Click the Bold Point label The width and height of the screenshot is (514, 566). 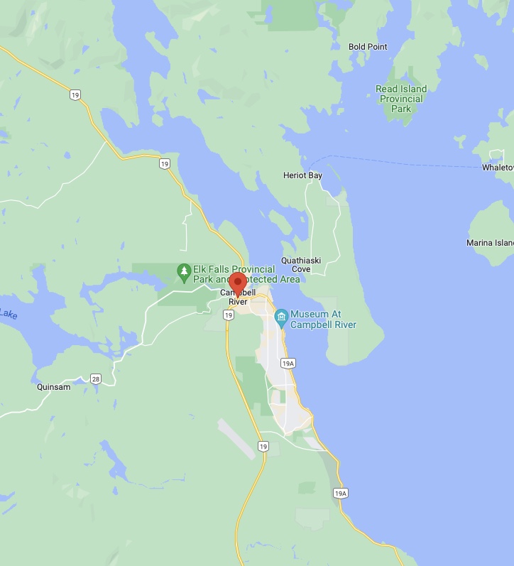[x=368, y=47]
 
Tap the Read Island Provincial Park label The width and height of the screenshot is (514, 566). [x=401, y=99]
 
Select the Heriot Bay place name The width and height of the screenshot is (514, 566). [x=302, y=175]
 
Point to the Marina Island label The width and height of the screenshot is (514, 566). [x=490, y=243]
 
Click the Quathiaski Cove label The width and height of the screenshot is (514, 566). [x=301, y=265]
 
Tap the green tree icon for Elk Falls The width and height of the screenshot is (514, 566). [x=184, y=271]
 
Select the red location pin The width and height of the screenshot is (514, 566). [x=238, y=283]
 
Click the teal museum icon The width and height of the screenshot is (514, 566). [x=281, y=315]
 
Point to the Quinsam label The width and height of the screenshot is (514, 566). [x=54, y=388]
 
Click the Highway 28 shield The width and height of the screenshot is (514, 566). [x=96, y=379]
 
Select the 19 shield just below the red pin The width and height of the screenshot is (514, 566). [x=229, y=315]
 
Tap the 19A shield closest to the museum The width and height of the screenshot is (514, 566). [x=288, y=364]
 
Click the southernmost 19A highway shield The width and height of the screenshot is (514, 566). [x=340, y=493]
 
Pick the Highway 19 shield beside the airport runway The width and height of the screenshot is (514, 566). [x=263, y=446]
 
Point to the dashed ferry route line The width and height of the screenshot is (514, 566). [x=412, y=162]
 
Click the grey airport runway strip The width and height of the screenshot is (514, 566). [x=236, y=437]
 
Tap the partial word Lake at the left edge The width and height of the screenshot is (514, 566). [x=8, y=313]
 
